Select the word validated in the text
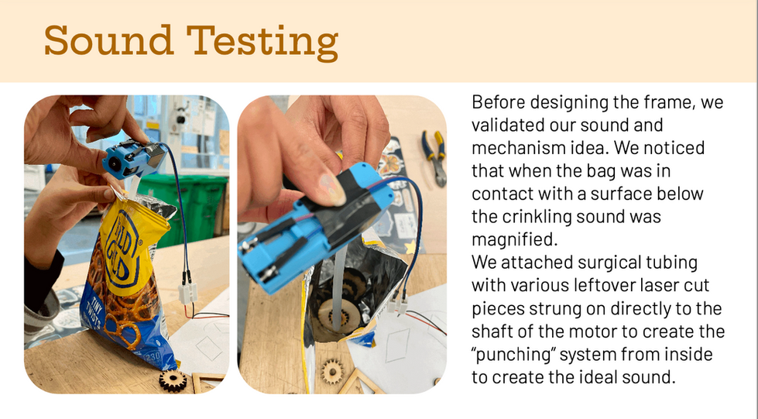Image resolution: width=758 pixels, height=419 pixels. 510,125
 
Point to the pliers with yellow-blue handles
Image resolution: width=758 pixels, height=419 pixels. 433,155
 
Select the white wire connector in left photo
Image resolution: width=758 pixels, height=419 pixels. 187,291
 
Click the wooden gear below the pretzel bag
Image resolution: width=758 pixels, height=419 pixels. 173,380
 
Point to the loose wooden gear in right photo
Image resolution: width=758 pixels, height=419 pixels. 334,371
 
